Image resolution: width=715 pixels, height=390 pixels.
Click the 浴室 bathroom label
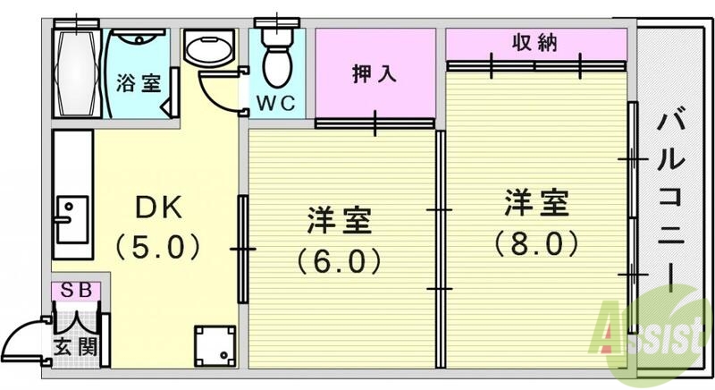(x=138, y=84)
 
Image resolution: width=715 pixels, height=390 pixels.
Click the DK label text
(x=158, y=208)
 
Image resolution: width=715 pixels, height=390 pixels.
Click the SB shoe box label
(x=75, y=291)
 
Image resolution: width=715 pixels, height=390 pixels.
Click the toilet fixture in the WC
(x=278, y=54)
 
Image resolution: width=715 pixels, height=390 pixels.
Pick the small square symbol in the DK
(x=214, y=345)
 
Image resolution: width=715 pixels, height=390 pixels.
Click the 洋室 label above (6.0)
(x=339, y=220)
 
